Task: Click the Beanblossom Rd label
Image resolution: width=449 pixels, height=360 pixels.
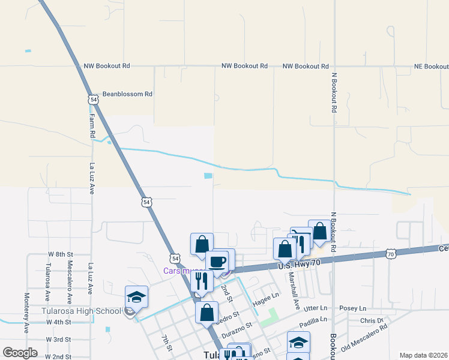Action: (x=127, y=94)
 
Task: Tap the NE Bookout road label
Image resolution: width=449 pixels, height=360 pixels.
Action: (x=431, y=66)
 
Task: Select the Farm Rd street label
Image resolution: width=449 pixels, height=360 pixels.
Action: (x=93, y=126)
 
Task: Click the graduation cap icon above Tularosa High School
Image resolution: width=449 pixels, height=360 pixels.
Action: (x=136, y=297)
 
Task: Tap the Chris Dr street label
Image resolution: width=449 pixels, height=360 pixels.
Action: (x=372, y=321)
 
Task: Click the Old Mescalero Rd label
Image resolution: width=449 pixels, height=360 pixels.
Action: (x=364, y=340)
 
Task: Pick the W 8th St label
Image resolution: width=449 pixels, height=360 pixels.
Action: (x=60, y=255)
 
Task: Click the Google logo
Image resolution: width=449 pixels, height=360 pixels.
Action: (x=20, y=352)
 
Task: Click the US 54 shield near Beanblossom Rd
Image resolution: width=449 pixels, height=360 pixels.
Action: (x=92, y=99)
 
